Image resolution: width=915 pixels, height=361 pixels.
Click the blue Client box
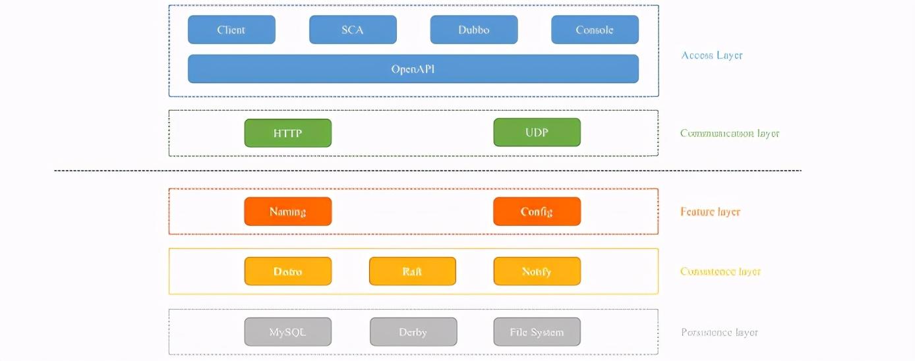click(231, 30)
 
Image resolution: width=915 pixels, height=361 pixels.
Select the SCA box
click(353, 30)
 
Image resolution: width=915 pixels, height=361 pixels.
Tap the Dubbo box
click(474, 30)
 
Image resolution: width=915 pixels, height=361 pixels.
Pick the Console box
click(595, 30)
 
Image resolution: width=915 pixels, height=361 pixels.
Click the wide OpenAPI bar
click(413, 69)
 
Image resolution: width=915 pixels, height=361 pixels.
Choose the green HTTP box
click(287, 133)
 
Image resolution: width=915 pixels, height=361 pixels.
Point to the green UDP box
click(537, 132)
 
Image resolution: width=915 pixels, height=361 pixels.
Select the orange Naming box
click(287, 211)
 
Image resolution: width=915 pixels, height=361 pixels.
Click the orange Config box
click(537, 211)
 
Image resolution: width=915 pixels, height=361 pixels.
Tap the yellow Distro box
click(287, 271)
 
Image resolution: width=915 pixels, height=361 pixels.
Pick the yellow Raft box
click(412, 271)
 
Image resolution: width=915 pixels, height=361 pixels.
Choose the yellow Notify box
click(537, 271)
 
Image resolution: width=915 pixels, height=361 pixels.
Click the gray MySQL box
click(287, 332)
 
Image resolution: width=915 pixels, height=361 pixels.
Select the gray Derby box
click(413, 332)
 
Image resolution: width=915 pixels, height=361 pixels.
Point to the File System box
click(537, 332)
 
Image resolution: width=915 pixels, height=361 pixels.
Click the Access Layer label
click(712, 55)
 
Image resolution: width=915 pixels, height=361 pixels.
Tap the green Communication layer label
click(730, 134)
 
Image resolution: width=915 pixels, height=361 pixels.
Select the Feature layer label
click(710, 212)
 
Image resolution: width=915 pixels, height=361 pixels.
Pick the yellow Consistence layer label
click(721, 271)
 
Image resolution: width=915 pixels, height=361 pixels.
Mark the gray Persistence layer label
click(719, 333)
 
